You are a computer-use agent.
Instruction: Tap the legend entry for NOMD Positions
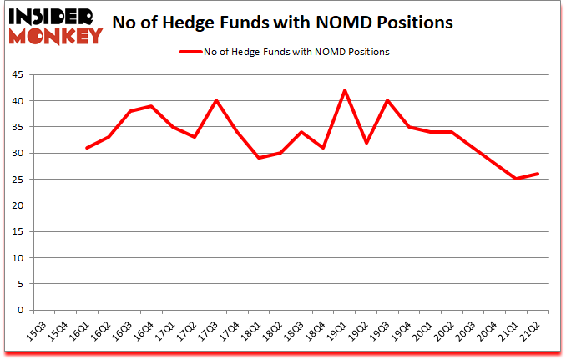283,52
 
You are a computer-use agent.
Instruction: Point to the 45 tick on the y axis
17,75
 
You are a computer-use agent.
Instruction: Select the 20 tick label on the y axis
17,205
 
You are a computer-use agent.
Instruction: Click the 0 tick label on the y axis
19,311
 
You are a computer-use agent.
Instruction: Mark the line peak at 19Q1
345,90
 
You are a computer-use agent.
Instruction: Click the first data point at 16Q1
87,148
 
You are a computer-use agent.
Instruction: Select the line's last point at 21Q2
538,174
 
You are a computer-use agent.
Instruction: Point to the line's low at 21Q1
517,179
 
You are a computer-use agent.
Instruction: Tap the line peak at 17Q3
216,100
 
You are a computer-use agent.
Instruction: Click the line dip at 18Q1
259,158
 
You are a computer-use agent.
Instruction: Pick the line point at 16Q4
151,106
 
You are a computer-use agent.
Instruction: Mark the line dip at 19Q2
366,143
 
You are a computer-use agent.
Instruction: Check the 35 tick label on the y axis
17,127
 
